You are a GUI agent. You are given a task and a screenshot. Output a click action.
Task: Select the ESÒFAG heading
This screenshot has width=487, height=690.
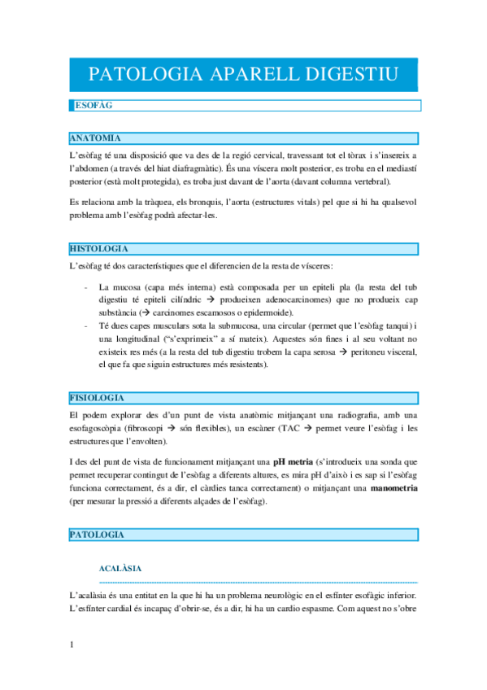pyautogui.click(x=93, y=106)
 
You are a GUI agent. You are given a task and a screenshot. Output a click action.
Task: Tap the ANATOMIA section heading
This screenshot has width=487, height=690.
pyautogui.click(x=96, y=138)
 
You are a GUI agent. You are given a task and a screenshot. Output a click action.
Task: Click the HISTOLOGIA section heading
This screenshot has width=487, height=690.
pyautogui.click(x=100, y=248)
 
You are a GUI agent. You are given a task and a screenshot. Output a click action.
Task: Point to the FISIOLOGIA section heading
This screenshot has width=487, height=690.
pyautogui.click(x=98, y=397)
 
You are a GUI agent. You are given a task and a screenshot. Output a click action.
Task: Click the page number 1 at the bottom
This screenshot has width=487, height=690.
pyautogui.click(x=72, y=646)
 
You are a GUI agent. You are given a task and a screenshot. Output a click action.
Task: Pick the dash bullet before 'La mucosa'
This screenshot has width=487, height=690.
pyautogui.click(x=87, y=287)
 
